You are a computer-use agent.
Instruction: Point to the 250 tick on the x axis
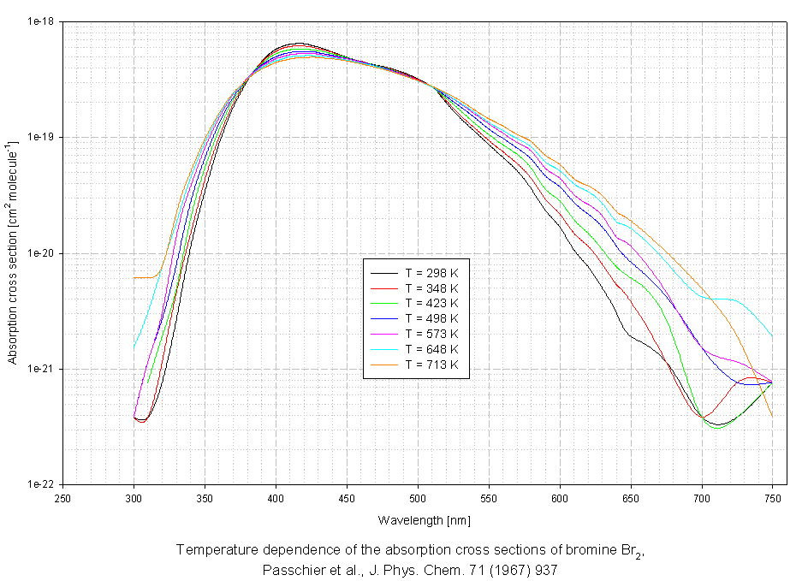click(x=62, y=497)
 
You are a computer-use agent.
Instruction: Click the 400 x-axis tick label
click(x=276, y=497)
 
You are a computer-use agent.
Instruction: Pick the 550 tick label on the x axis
click(x=489, y=497)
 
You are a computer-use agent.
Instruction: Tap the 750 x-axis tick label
click(x=772, y=497)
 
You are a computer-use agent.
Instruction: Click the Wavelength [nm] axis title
click(x=417, y=520)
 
